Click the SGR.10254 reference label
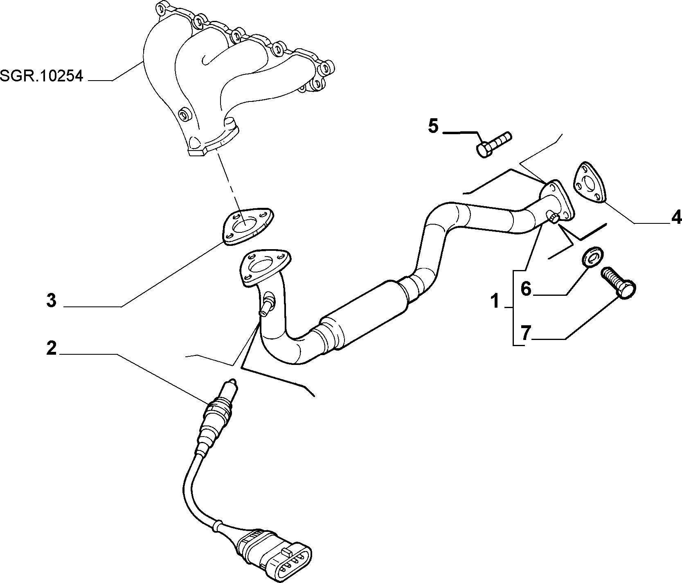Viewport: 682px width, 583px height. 41,76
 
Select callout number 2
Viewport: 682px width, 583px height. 51,348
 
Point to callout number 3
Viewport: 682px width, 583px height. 51,301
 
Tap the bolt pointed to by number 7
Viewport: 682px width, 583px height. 619,282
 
